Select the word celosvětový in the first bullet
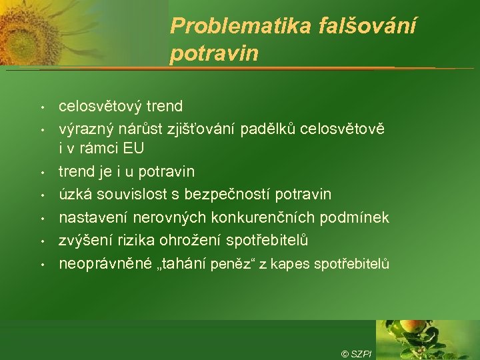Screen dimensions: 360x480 [x=101, y=106]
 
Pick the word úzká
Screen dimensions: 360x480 [x=75, y=195]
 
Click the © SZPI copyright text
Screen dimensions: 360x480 [x=356, y=353]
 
